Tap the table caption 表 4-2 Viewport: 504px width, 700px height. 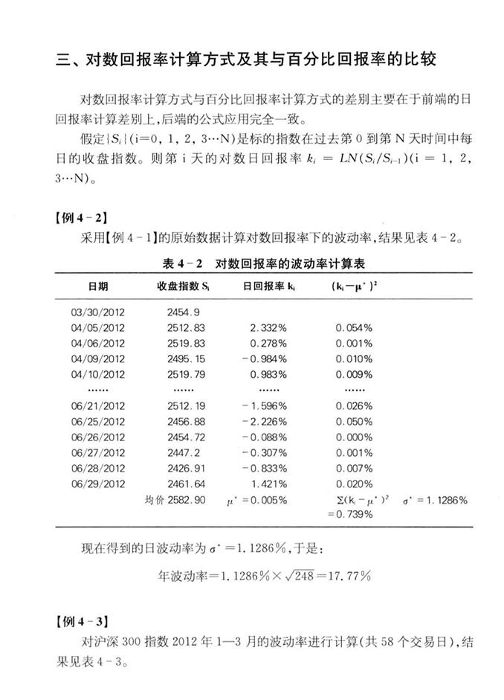253,263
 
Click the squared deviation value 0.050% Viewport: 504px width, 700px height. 354,421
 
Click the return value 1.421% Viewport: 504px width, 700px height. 269,484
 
